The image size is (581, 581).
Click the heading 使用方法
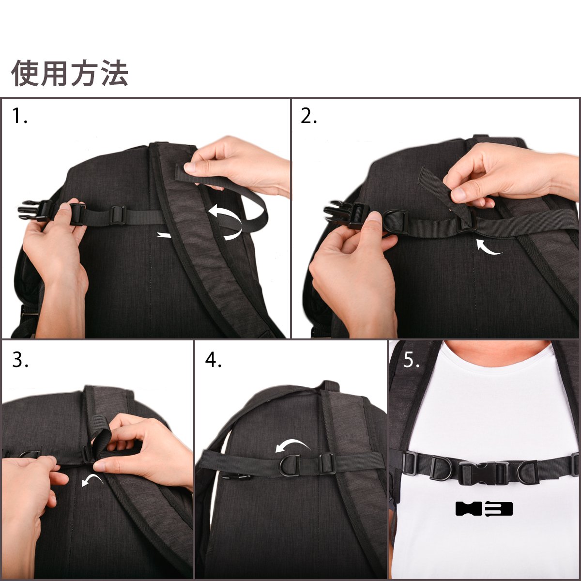click(70, 73)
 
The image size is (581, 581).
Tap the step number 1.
click(20, 116)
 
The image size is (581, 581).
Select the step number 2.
click(309, 116)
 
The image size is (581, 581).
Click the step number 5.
click(411, 359)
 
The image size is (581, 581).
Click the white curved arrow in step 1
click(225, 223)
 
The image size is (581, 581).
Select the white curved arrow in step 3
click(92, 480)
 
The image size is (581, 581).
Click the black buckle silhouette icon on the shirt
click(484, 509)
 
